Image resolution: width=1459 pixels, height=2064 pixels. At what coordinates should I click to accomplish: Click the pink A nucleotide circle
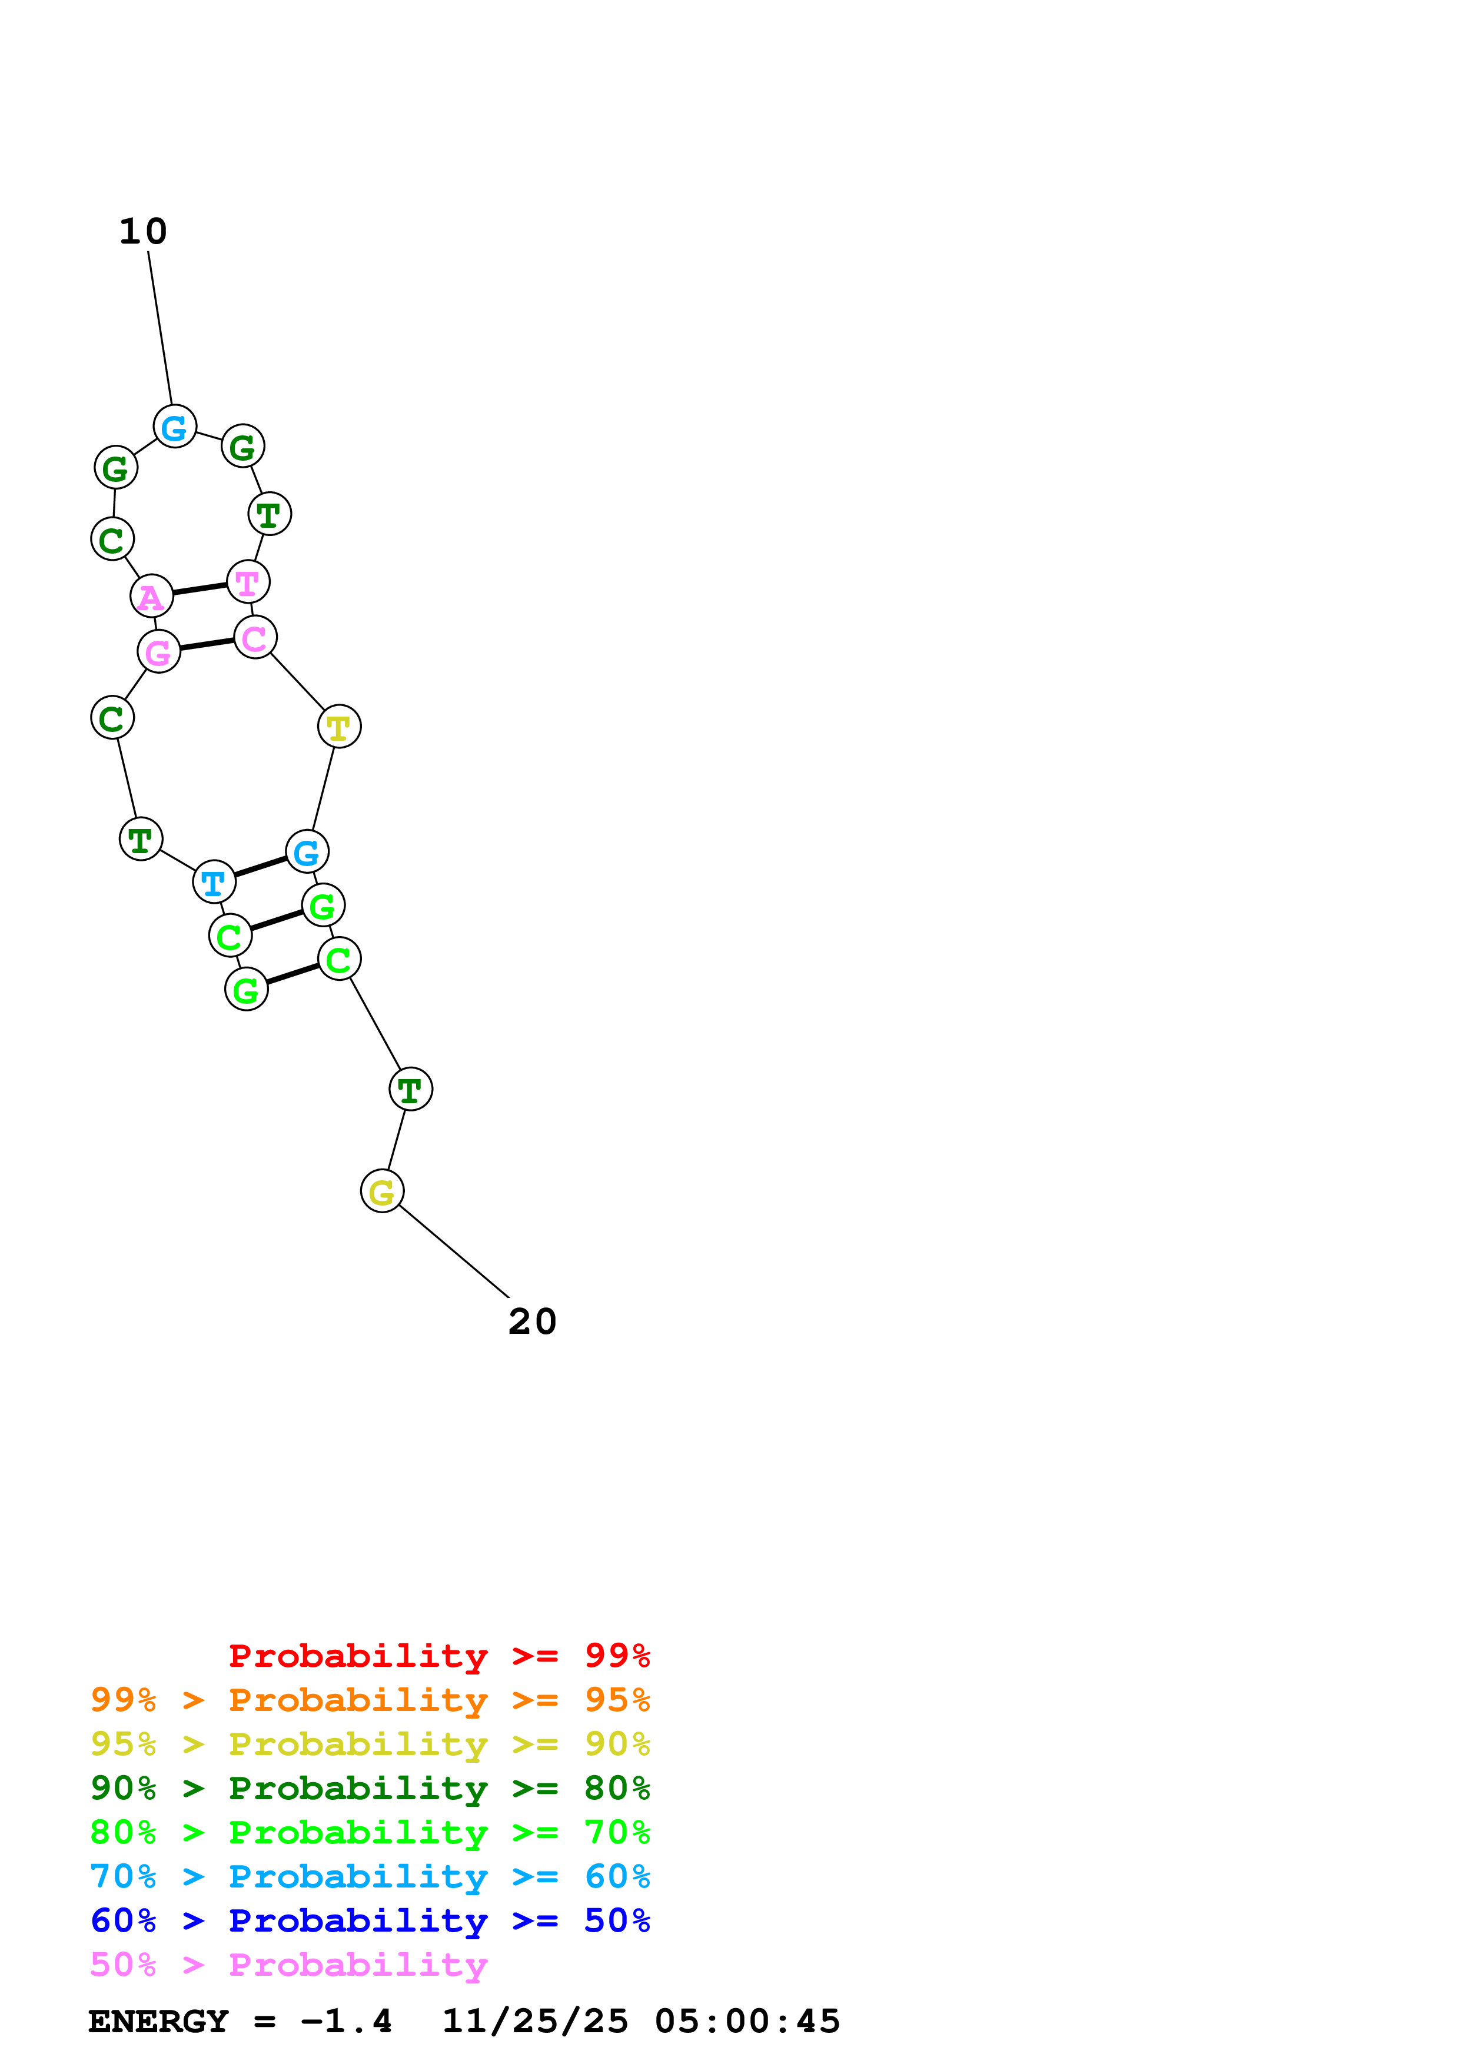152,596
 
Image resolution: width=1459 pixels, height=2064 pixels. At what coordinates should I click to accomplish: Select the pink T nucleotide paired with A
248,582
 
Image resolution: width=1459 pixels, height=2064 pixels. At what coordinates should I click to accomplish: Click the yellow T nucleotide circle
339,727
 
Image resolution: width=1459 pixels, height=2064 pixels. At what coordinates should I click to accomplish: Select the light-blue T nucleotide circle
214,882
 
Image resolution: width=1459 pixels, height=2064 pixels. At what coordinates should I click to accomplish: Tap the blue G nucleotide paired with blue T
307,851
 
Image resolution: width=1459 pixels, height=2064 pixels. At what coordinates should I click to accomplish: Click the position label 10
143,232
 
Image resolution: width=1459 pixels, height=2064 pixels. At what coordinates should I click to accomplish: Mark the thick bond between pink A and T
200,589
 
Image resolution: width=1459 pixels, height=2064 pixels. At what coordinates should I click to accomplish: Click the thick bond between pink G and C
207,644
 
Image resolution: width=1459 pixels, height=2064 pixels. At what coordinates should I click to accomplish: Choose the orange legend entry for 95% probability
370,1700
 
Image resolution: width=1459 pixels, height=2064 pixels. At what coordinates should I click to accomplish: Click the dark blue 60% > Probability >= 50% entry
370,1920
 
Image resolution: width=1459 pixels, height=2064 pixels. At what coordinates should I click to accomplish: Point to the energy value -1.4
346,2022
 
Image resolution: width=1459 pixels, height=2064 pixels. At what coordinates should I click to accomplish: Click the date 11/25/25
535,2022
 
